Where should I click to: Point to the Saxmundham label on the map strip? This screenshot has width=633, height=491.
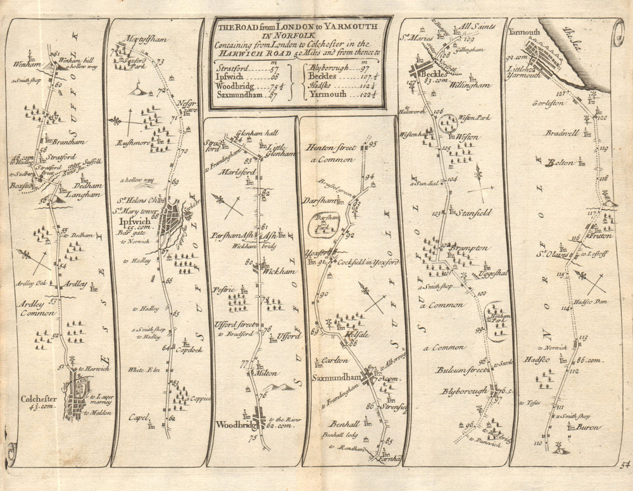(x=334, y=378)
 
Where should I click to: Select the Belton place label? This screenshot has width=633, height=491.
(x=560, y=163)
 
